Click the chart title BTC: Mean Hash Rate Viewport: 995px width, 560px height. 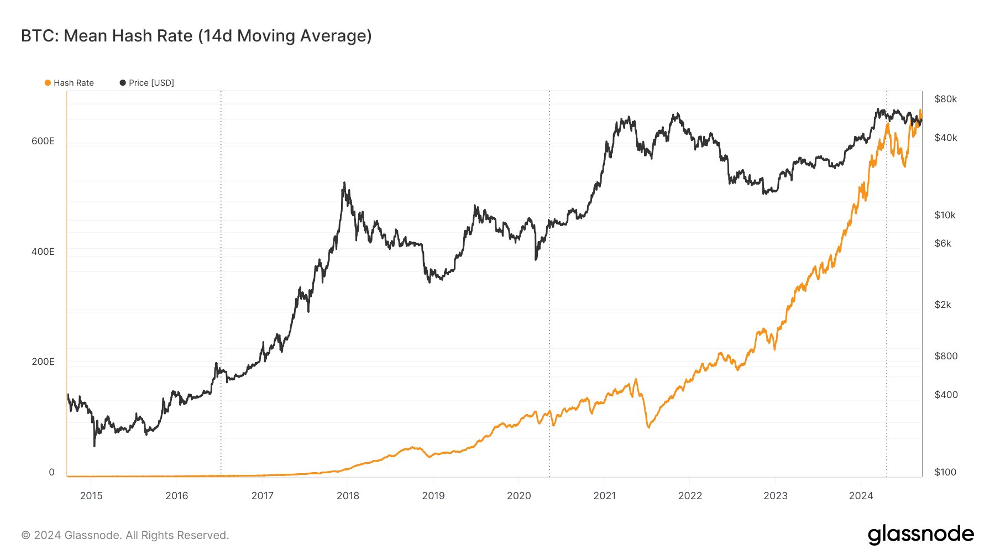pos(196,36)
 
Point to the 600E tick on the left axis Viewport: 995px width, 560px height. pos(43,141)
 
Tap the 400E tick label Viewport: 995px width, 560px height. pos(43,252)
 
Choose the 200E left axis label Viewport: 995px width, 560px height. pos(43,362)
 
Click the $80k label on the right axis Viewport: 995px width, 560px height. pos(945,99)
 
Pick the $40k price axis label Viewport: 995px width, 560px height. pos(945,138)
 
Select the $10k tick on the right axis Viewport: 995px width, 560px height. pos(945,215)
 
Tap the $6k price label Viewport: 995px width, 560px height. pos(942,243)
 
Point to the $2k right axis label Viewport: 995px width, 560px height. pos(942,305)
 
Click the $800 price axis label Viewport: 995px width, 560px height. pos(945,356)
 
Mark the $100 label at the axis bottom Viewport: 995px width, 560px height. pos(945,472)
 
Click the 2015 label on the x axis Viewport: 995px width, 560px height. pos(91,495)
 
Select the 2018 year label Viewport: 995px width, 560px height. pos(348,495)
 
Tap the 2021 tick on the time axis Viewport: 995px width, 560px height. pos(604,495)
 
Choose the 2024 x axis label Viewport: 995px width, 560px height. pos(861,495)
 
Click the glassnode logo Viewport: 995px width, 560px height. pos(920,535)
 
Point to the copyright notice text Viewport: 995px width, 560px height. pos(125,535)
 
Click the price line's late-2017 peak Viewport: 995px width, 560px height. pos(344,183)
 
